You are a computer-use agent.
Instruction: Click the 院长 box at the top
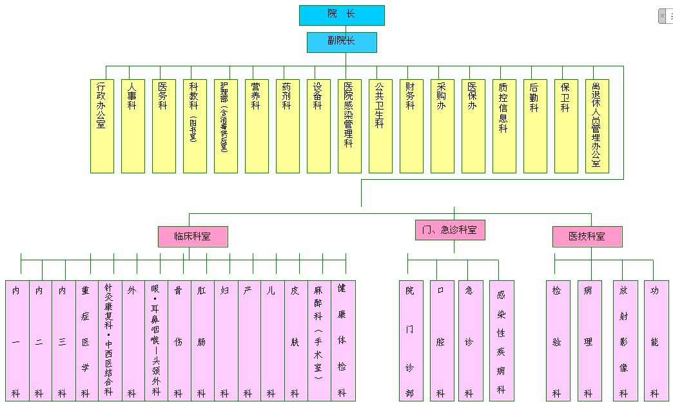click(x=342, y=15)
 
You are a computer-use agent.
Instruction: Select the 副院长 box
click(x=342, y=42)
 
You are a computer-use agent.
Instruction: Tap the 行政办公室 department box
click(x=102, y=126)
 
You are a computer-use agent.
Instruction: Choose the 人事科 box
click(x=133, y=126)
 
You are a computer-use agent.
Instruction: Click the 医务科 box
click(x=164, y=126)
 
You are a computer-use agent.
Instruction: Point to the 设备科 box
click(x=318, y=126)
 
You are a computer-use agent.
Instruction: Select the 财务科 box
click(x=411, y=126)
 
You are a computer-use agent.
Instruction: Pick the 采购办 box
click(x=442, y=126)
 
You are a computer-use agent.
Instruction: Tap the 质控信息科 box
click(x=504, y=126)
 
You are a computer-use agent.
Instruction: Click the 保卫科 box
click(x=566, y=126)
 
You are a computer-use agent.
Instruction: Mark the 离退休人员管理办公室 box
click(x=597, y=126)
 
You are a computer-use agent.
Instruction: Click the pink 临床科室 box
click(x=193, y=236)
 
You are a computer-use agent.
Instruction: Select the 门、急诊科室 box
click(x=450, y=229)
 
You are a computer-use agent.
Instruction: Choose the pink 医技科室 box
click(x=587, y=236)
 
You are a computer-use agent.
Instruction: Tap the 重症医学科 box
click(x=86, y=340)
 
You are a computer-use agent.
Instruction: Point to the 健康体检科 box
click(x=342, y=340)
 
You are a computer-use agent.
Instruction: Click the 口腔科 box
click(x=442, y=340)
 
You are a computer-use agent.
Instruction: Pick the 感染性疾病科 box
click(x=502, y=340)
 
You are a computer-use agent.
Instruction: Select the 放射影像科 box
click(x=624, y=340)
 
